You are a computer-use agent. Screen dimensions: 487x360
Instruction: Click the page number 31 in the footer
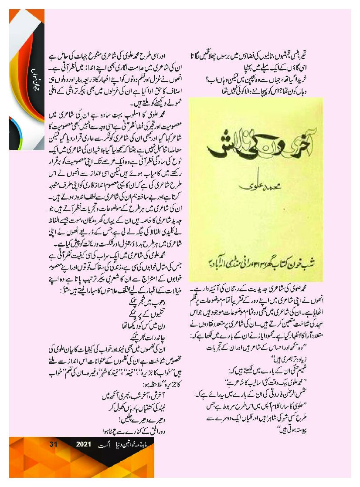[x=54, y=445]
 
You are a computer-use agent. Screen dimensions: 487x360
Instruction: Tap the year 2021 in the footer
[x=83, y=445]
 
